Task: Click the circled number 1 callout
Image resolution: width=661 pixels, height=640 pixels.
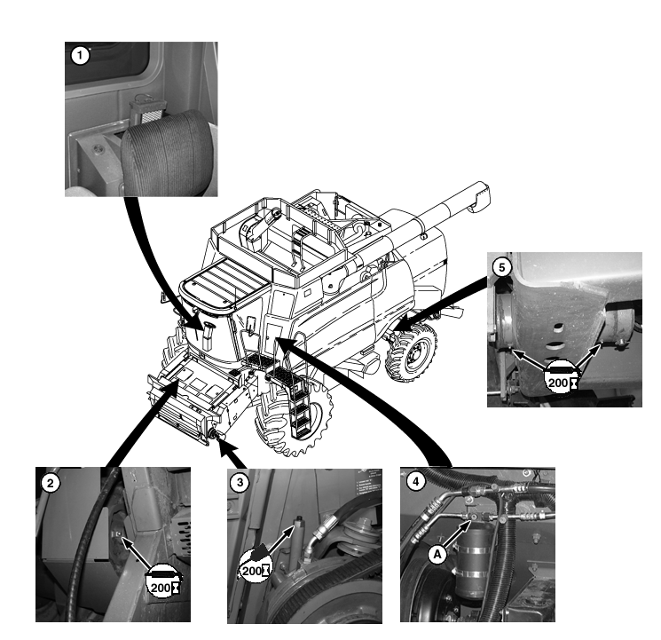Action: point(80,55)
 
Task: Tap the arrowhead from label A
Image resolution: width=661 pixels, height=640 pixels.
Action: point(466,527)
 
